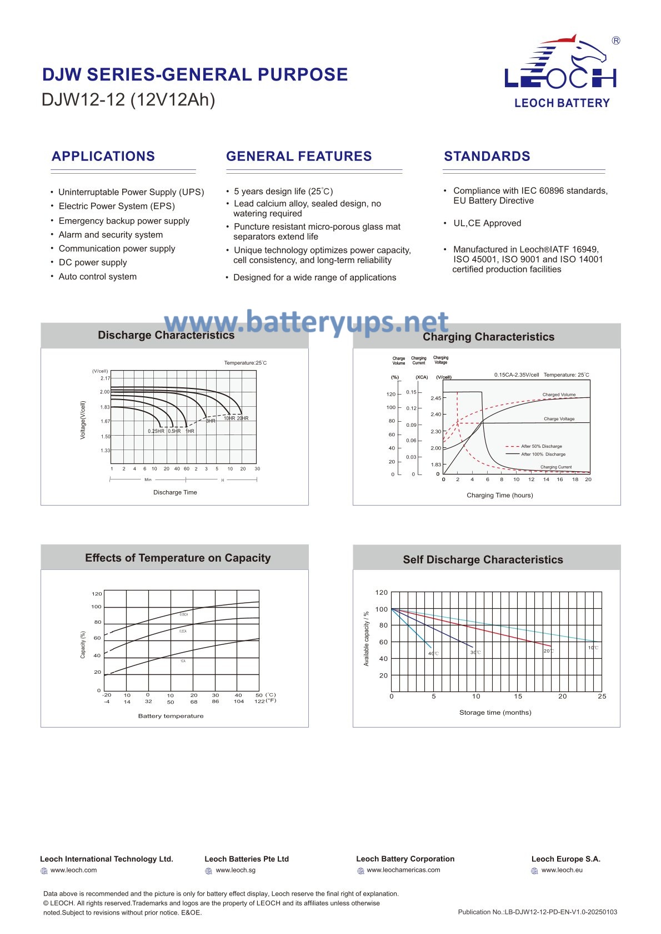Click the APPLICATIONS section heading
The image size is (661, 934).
[103, 156]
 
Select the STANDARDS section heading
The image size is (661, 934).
[487, 156]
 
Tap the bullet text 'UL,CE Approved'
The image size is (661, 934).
[487, 223]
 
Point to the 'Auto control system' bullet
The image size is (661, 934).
[98, 276]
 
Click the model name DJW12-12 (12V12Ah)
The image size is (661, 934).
[128, 100]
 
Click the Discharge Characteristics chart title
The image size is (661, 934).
[166, 335]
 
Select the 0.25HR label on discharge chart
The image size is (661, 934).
[156, 431]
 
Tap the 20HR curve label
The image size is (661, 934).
[243, 418]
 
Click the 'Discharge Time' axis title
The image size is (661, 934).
[175, 492]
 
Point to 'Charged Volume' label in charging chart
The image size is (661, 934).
[559, 395]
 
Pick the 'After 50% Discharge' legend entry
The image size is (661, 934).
[541, 446]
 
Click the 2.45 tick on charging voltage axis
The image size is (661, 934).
[435, 398]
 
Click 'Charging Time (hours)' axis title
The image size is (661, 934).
[499, 495]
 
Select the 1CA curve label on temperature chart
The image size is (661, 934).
[183, 661]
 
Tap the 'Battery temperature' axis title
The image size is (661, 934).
[171, 716]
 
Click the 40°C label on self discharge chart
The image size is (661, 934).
[433, 653]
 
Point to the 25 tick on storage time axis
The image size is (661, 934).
[602, 696]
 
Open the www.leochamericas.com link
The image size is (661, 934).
[403, 870]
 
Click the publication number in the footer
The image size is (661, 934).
[537, 912]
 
